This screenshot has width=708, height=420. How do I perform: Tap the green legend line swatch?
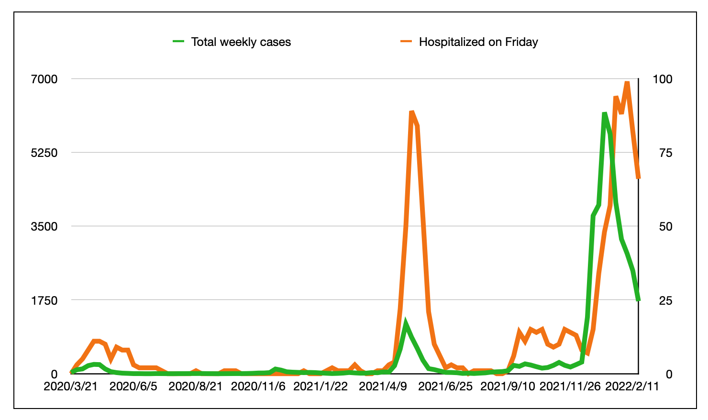178,42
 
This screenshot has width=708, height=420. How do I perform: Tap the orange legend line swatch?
406,42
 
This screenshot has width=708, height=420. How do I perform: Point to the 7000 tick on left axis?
44,79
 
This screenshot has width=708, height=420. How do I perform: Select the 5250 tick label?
44,153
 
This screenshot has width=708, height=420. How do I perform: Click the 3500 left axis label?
44,226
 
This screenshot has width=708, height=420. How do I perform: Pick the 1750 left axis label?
44,300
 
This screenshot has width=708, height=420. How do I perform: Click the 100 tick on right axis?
663,79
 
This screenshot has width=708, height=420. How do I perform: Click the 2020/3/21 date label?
70,386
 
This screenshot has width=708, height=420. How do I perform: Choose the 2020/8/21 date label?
196,386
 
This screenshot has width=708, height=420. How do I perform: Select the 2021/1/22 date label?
321,386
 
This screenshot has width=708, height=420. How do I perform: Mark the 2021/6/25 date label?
445,386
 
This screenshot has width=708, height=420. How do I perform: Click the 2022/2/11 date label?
632,386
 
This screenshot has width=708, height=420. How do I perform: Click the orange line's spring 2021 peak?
411,112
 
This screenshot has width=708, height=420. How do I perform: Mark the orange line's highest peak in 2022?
627,82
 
